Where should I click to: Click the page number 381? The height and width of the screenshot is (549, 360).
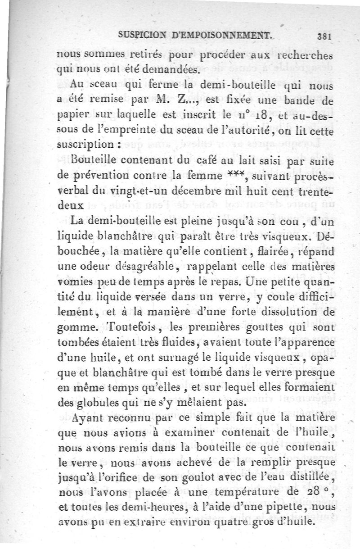[x=324, y=37]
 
